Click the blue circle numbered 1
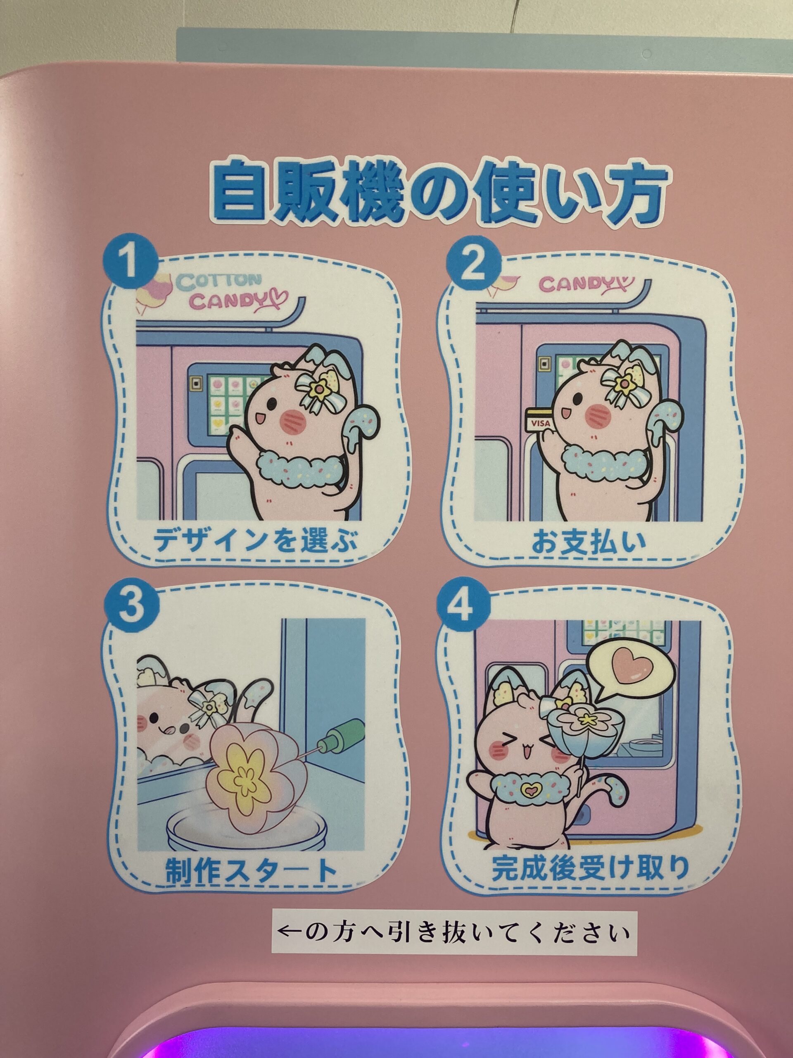pyautogui.click(x=131, y=265)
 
